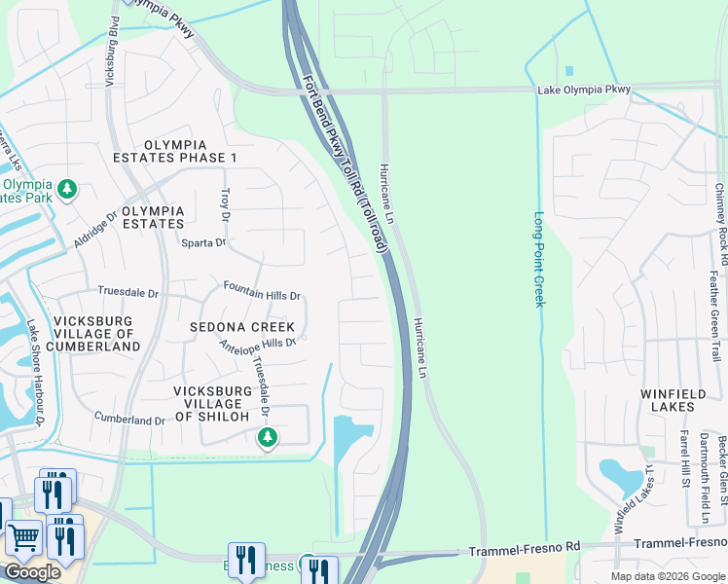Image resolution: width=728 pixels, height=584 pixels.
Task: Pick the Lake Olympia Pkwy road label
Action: [584, 90]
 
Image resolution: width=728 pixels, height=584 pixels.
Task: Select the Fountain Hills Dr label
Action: [262, 290]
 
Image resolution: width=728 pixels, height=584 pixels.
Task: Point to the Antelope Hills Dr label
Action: [257, 344]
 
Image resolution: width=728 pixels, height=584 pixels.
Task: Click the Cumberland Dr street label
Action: [129, 420]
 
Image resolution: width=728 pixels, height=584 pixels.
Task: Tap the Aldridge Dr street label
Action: [95, 228]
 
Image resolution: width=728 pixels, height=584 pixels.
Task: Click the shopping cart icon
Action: [22, 535]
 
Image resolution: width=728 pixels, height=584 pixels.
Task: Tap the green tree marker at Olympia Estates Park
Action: [67, 188]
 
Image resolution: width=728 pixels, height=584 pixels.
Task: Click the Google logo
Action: [32, 571]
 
